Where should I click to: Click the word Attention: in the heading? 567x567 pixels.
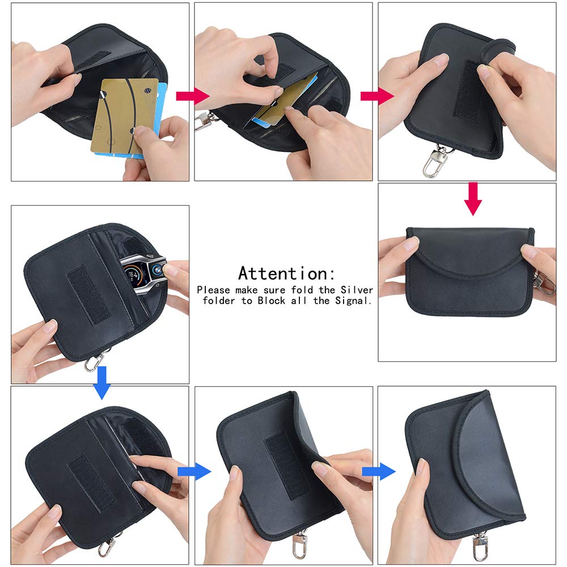[x=286, y=273]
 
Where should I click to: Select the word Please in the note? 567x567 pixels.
[x=214, y=289]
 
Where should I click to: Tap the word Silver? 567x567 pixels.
[x=357, y=289]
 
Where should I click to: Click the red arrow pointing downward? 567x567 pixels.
[x=472, y=199]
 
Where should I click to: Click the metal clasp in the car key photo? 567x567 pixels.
[x=96, y=359]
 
